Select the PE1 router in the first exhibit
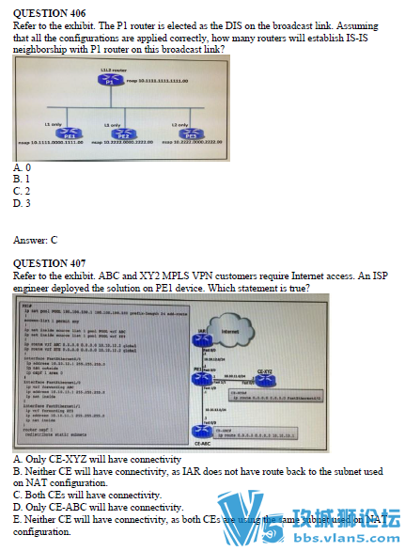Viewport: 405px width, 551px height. coord(70,135)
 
